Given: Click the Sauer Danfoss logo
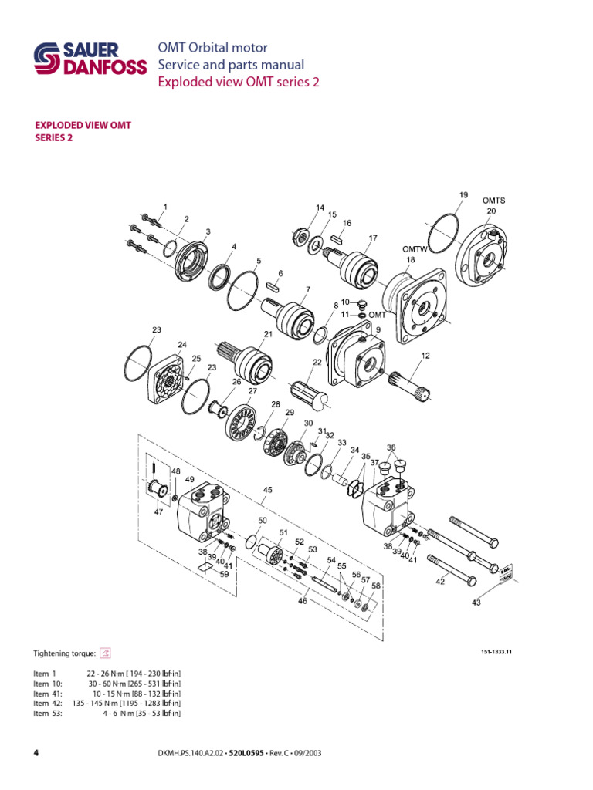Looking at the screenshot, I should click(x=90, y=59).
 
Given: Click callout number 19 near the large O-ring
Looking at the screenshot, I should click(x=463, y=196).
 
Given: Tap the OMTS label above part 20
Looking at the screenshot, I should click(x=493, y=201).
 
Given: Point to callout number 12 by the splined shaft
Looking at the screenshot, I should click(x=425, y=356).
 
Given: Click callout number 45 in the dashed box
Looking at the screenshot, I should click(x=268, y=489).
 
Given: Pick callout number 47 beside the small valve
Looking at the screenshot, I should click(x=159, y=511).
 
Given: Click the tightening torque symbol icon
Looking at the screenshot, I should click(x=106, y=652).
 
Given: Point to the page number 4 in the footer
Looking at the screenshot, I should click(x=36, y=752).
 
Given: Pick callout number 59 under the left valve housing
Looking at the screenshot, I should click(x=225, y=574).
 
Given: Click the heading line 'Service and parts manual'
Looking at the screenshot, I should click(x=231, y=65).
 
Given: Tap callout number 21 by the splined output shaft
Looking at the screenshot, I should click(x=269, y=334).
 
